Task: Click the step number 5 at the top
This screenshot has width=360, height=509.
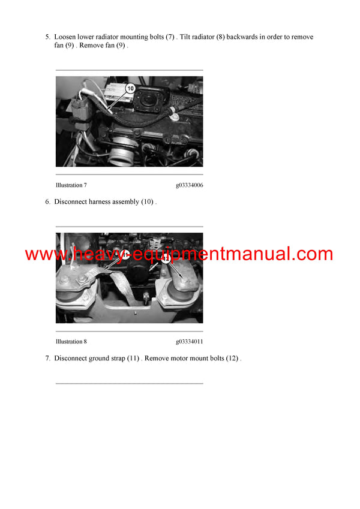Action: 47,37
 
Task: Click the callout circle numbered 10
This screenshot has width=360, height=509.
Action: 131,88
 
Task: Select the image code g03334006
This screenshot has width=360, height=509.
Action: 189,185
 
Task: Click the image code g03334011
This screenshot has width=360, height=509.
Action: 189,341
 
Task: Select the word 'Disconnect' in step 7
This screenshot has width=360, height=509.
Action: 70,359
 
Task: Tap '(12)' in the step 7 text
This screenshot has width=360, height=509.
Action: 232,359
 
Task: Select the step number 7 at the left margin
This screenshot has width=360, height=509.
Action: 47,359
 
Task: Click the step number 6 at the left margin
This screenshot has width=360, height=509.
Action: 47,202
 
